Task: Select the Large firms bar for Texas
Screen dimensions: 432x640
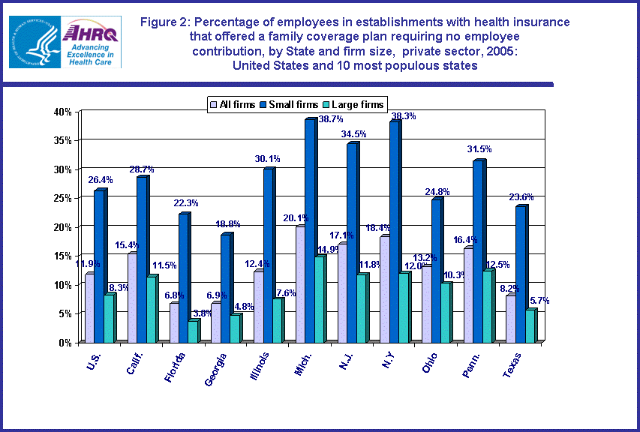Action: (x=530, y=325)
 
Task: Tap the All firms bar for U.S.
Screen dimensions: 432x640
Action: (x=90, y=307)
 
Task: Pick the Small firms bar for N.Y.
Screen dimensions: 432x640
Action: (x=394, y=232)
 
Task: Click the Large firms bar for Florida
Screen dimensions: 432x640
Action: (x=193, y=331)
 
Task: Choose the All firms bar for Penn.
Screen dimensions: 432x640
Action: (x=469, y=295)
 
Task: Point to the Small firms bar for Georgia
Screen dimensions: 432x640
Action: (x=226, y=288)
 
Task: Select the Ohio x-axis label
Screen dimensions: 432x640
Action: (x=430, y=359)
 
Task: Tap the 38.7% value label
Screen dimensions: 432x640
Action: (x=309, y=119)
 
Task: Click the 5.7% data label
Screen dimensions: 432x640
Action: (x=539, y=301)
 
